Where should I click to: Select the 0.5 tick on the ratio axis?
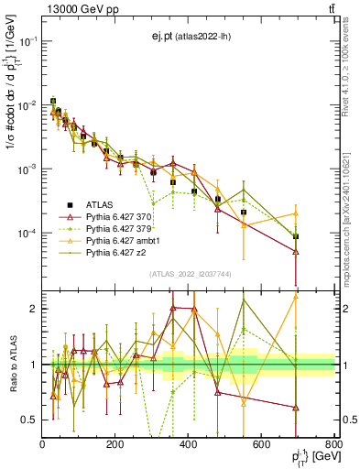click(x=30, y=420)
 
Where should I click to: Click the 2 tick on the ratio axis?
click(x=35, y=309)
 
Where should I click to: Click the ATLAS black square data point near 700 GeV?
click(x=296, y=236)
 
